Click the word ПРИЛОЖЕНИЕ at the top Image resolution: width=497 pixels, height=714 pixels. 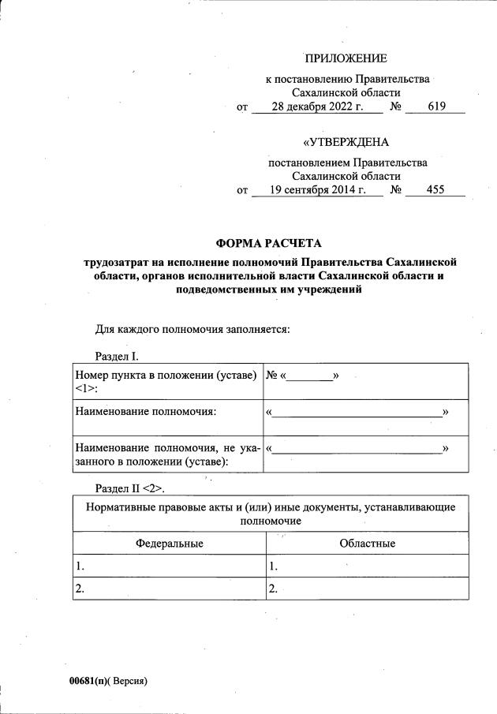coord(346,58)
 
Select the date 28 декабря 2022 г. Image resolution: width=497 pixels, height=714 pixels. coord(316,107)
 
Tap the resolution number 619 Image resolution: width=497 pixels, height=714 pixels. coord(436,107)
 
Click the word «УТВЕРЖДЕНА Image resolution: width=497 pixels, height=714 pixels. coord(346,143)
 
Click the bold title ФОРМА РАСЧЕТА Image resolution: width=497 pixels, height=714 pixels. coord(270,243)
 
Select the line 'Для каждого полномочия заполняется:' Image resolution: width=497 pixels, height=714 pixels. coord(192,329)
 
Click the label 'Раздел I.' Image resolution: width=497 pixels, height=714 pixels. coord(117,356)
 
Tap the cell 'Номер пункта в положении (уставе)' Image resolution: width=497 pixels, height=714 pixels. coord(166,376)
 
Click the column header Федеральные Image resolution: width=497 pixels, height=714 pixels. coord(169,544)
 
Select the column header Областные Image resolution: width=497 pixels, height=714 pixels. coord(367,544)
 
